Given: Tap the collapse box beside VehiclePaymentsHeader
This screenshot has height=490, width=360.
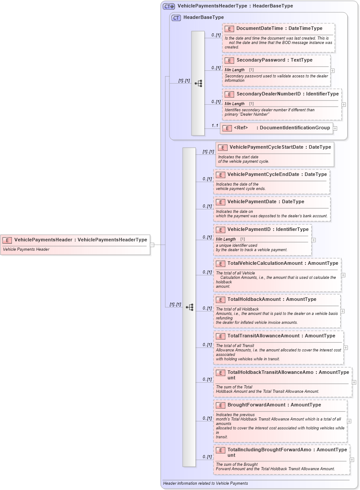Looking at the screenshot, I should point(152,245).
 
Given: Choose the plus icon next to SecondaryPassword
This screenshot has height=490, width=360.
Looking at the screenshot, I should point(332,70).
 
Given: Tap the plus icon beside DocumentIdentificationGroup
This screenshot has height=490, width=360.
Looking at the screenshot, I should point(335,128).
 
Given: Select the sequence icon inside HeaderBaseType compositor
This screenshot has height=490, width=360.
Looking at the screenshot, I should point(198,83).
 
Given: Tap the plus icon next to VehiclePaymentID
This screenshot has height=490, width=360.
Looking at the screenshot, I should point(313,240).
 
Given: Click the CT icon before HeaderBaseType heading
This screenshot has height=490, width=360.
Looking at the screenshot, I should point(176,18).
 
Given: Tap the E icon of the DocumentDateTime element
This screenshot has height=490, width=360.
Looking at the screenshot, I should point(229,29).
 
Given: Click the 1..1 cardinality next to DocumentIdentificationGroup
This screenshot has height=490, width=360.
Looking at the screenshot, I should point(215,126).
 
